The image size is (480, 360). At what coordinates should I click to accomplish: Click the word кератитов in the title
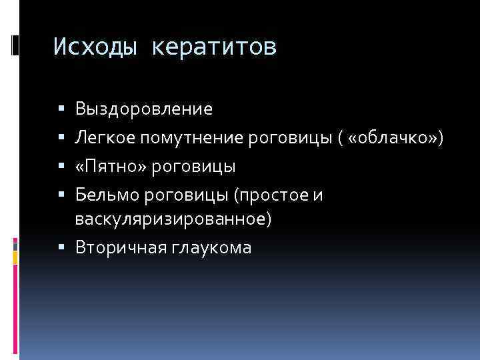(x=214, y=47)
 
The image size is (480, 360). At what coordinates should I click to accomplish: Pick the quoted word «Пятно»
(x=111, y=165)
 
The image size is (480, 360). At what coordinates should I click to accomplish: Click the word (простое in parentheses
(x=275, y=193)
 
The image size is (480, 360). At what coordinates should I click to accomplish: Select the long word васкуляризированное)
(x=173, y=219)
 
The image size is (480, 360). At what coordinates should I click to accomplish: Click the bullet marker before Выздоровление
(x=61, y=108)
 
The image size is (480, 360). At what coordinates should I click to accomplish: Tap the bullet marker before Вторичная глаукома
(x=61, y=248)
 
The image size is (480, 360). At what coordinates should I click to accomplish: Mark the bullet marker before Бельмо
(x=61, y=194)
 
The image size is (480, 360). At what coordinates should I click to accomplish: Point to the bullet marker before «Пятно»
(x=61, y=165)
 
